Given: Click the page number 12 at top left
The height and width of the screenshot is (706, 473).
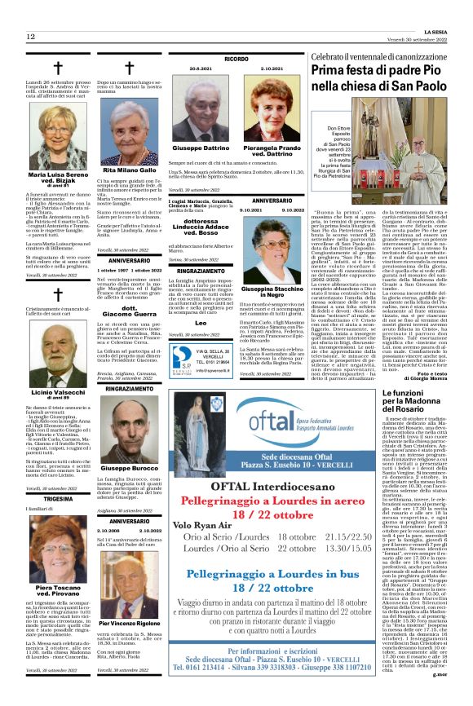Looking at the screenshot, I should [30, 37].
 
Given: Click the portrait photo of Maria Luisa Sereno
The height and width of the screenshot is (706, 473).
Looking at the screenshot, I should [57, 141].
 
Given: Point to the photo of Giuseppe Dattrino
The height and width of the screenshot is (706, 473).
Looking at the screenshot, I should [200, 110].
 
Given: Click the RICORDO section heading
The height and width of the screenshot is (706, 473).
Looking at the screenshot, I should [236, 60].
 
